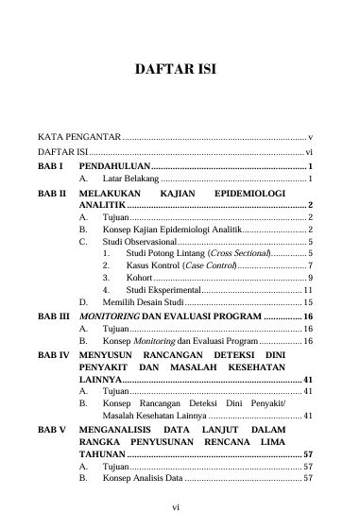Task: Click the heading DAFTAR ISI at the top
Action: [x=179, y=70]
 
